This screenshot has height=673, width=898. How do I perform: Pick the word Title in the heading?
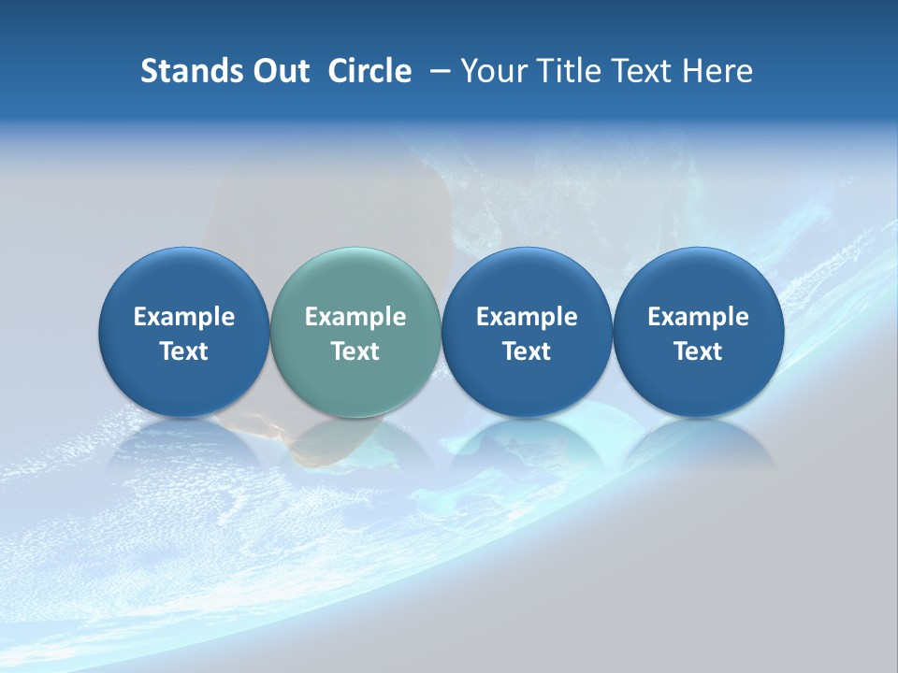[x=564, y=71]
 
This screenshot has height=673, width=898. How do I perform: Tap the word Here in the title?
[x=716, y=71]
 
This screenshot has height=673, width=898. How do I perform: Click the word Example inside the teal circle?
[x=355, y=317]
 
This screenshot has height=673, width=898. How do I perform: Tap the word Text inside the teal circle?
[x=355, y=351]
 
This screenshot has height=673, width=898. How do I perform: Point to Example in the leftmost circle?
[x=183, y=317]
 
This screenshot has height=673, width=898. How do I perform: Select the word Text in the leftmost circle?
[x=183, y=351]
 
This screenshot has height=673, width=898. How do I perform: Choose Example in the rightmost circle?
[x=698, y=317]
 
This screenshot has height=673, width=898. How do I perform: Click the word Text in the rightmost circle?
[x=698, y=351]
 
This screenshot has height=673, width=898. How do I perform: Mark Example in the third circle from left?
[x=527, y=317]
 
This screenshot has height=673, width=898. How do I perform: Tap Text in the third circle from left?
[x=527, y=351]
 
